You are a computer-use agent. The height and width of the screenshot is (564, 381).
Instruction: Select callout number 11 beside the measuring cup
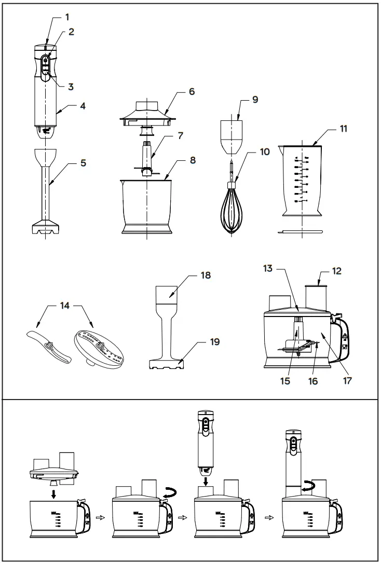click(343, 129)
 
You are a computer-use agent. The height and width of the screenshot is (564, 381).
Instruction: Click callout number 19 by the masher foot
click(214, 342)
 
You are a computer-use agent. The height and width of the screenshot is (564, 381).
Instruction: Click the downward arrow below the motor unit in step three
click(206, 483)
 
